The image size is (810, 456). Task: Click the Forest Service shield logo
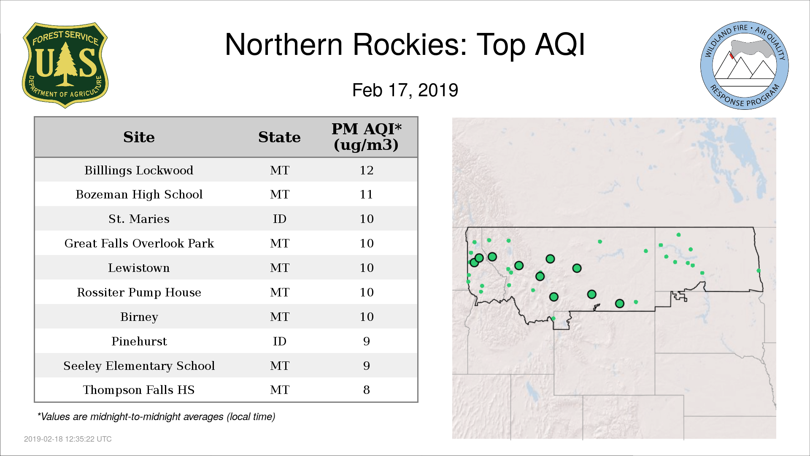click(65, 65)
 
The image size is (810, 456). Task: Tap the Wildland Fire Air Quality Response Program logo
click(745, 65)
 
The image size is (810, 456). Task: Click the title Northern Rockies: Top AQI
click(405, 44)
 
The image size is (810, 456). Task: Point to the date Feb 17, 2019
click(405, 90)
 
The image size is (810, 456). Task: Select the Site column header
click(139, 137)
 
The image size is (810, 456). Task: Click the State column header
click(279, 137)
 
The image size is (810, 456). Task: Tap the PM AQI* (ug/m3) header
click(366, 137)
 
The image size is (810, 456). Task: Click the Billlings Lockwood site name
click(139, 170)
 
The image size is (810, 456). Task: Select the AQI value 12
click(367, 170)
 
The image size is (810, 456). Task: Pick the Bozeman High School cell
click(139, 194)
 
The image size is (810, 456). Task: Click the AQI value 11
click(367, 194)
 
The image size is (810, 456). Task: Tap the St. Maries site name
click(139, 219)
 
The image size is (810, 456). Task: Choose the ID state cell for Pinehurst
click(280, 341)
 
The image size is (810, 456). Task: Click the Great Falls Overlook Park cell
click(139, 243)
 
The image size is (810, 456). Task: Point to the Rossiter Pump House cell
click(139, 292)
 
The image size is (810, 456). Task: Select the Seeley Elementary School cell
click(139, 366)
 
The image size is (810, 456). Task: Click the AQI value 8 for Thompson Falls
click(367, 390)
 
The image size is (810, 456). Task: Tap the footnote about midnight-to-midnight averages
click(156, 417)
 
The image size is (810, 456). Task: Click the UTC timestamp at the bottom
click(68, 439)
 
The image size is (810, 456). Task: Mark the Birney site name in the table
click(139, 317)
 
